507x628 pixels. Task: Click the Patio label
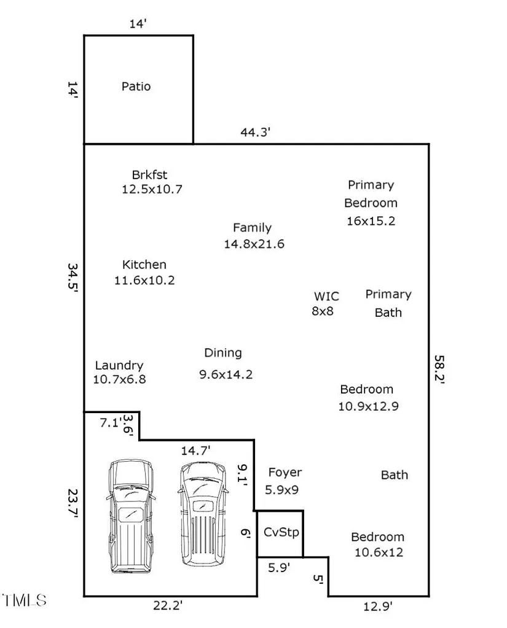click(x=136, y=87)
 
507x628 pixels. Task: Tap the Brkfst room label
click(x=149, y=174)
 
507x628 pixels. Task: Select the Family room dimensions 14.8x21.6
click(x=254, y=244)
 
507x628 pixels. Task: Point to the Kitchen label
click(x=144, y=265)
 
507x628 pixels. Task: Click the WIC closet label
click(x=326, y=297)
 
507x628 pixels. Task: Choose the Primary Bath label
click(x=388, y=303)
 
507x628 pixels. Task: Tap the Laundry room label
click(x=119, y=365)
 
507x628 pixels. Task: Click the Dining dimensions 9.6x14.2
click(x=226, y=374)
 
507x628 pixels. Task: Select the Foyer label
click(x=285, y=473)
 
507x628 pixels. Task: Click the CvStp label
click(x=281, y=532)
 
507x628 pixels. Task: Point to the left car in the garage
click(x=131, y=517)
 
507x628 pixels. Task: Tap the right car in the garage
click(x=203, y=514)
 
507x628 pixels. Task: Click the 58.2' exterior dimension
click(x=439, y=370)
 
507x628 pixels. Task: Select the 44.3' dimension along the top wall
click(x=255, y=132)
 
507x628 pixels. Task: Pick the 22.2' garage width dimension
click(x=168, y=605)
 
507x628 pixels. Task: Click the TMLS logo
click(x=25, y=600)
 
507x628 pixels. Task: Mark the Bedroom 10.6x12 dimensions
click(x=379, y=552)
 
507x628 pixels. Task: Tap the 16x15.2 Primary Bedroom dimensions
click(x=371, y=220)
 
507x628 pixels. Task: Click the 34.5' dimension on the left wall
click(x=73, y=277)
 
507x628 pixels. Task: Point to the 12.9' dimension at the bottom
click(x=377, y=607)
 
